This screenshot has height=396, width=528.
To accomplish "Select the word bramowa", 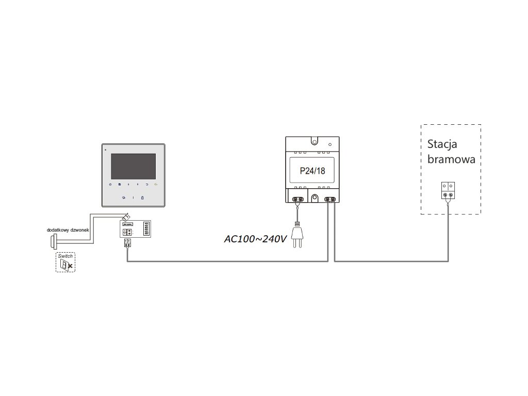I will (451, 159).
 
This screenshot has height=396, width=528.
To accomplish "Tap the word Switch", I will (65, 256).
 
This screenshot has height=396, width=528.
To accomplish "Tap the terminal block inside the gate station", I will (448, 190).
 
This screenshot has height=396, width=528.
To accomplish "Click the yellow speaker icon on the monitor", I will (156, 184).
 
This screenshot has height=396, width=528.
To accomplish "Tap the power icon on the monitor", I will (110, 184).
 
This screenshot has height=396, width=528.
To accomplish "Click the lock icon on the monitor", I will (143, 197).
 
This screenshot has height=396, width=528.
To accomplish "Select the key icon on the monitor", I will (124, 197).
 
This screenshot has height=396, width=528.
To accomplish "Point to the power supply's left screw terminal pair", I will (297, 199).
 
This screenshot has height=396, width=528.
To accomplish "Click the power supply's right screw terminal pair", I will (329, 199).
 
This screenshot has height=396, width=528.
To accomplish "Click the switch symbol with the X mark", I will (66, 265).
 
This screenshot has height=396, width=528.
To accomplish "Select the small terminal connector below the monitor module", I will (127, 243).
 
